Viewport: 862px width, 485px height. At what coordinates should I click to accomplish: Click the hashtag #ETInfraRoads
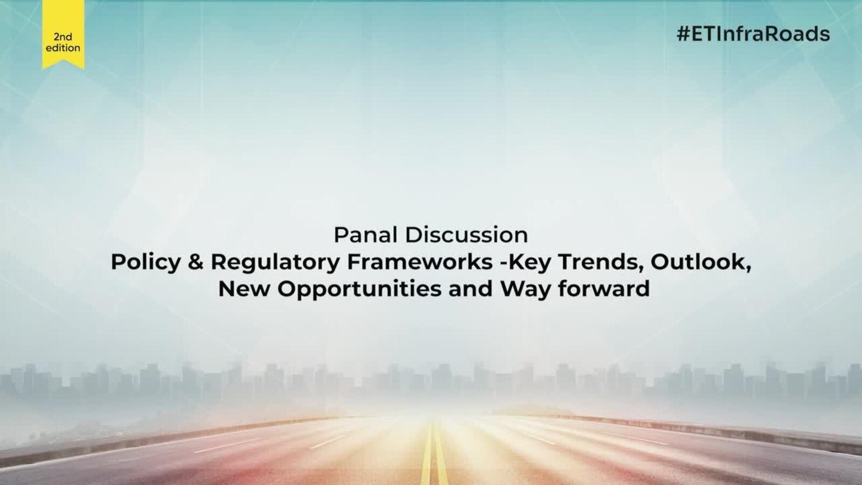click(x=753, y=34)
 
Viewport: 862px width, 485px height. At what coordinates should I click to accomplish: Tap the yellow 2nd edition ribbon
click(x=63, y=34)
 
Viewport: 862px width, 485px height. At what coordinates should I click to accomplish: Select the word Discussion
click(x=467, y=235)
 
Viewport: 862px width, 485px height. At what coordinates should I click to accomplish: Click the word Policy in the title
click(x=145, y=262)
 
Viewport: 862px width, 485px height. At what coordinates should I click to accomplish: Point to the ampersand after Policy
click(x=196, y=262)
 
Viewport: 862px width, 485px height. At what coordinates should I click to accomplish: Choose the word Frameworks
click(x=420, y=262)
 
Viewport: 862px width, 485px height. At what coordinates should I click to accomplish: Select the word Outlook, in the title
click(x=701, y=262)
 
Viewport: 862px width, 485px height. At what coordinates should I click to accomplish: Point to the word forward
click(x=604, y=289)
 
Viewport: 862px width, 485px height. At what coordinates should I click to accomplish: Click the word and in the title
click(x=471, y=289)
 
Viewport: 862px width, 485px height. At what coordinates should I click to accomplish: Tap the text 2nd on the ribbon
click(x=62, y=37)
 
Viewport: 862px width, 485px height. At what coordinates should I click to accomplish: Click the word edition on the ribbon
click(x=63, y=48)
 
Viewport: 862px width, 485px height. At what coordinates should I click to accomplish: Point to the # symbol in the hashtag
click(x=683, y=34)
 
